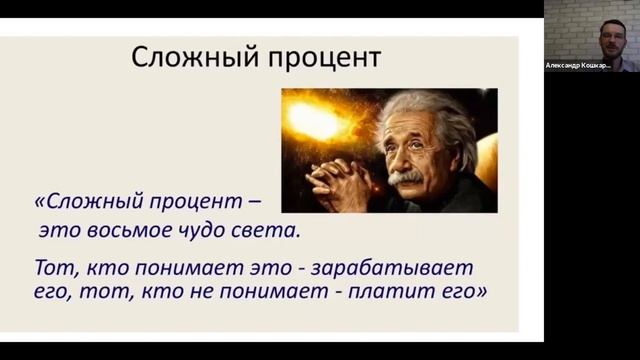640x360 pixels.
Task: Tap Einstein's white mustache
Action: coord(405,177)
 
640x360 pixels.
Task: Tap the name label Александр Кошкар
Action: coord(577,65)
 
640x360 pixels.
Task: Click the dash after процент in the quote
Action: coord(254,201)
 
